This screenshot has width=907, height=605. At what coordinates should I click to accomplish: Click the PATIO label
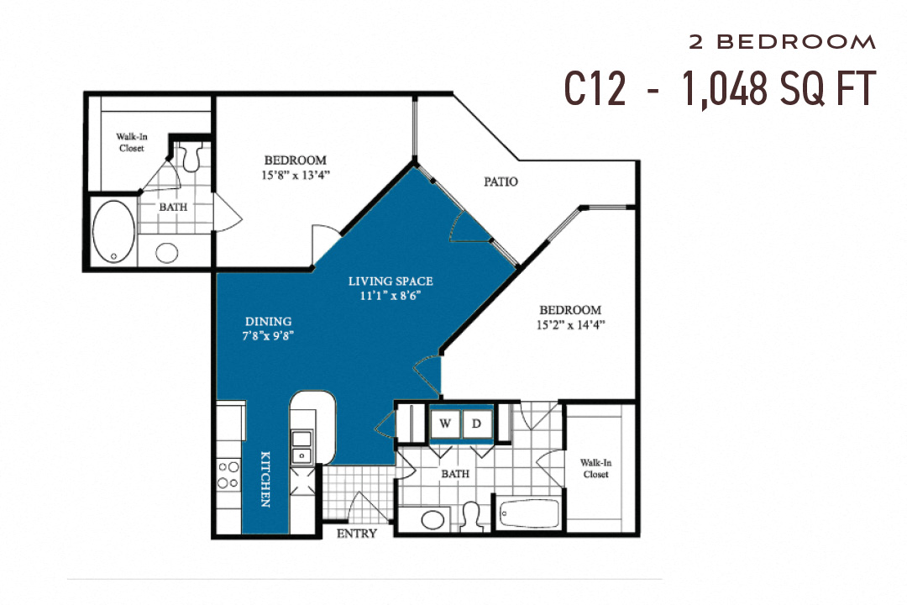click(501, 181)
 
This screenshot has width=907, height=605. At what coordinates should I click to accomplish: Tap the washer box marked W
click(445, 424)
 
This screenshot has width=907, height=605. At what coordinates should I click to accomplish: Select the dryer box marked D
click(476, 424)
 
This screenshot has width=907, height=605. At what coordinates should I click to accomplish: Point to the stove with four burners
click(227, 474)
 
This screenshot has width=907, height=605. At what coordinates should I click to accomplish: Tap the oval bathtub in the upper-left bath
click(112, 231)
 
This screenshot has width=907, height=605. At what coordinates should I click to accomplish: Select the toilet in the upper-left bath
click(192, 156)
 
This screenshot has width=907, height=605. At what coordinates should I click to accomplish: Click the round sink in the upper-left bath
click(168, 253)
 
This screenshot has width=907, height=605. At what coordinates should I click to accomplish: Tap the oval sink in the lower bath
click(433, 518)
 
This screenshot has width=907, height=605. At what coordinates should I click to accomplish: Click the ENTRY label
click(356, 534)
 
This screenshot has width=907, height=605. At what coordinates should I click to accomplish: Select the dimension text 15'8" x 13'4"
click(296, 176)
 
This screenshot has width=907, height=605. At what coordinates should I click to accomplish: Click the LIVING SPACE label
click(391, 281)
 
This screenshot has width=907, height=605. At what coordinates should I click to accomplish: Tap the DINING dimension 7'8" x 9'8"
click(269, 334)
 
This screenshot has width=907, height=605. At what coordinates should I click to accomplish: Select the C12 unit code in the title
click(595, 87)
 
